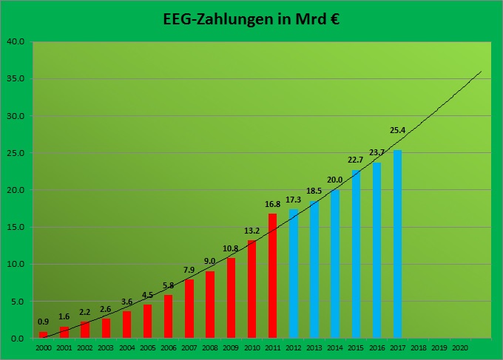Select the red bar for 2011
272,276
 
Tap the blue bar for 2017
397,244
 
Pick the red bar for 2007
189,308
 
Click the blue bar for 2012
293,274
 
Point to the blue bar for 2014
335,264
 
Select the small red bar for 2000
43,335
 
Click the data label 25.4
397,131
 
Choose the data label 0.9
43,322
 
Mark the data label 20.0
335,180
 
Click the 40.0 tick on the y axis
16,41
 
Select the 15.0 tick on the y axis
16,227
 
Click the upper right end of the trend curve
481,72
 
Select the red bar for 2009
231,298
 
